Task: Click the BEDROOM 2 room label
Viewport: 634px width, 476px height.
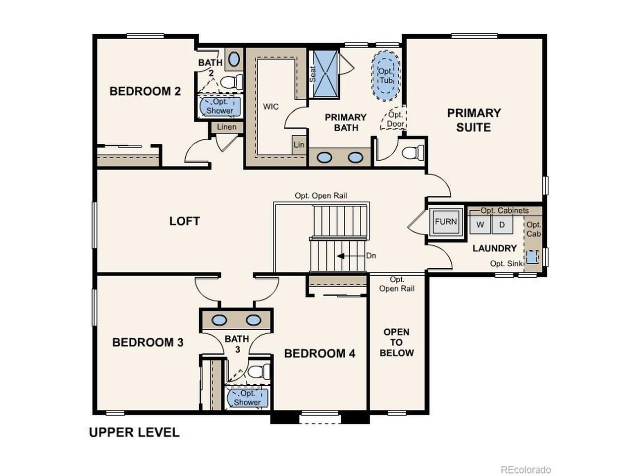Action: click(x=145, y=91)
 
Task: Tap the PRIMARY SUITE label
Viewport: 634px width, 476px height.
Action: click(x=474, y=120)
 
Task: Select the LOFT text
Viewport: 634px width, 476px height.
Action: click(x=184, y=221)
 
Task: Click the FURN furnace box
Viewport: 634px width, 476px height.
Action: click(x=446, y=222)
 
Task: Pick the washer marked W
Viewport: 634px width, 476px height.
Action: click(x=480, y=225)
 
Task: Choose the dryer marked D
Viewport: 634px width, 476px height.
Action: click(x=502, y=225)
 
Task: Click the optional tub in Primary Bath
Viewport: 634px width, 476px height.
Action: click(x=386, y=76)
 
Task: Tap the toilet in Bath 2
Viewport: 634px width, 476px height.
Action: click(x=232, y=81)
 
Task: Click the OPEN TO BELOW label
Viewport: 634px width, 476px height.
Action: click(x=396, y=342)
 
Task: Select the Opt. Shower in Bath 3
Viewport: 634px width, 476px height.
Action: click(x=247, y=398)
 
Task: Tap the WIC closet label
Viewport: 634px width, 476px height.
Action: click(x=270, y=107)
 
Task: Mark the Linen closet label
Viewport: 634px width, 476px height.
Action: click(x=227, y=127)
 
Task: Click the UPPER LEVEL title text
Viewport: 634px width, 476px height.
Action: click(x=134, y=432)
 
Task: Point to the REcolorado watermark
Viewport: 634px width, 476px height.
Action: click(x=526, y=470)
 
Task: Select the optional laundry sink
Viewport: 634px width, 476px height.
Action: click(x=531, y=257)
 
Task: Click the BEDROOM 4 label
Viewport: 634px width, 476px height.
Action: click(x=319, y=354)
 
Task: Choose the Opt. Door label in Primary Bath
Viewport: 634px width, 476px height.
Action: click(x=395, y=119)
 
